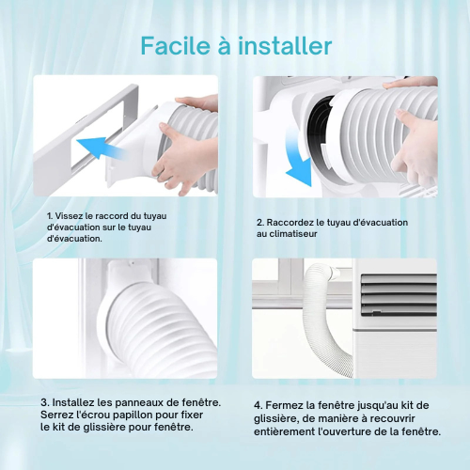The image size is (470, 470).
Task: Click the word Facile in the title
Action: point(175,46)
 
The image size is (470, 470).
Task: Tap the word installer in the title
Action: point(285,46)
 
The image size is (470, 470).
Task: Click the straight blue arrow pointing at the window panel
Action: point(101,148)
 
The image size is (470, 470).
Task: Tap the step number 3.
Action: point(44,402)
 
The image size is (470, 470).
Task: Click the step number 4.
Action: point(258,405)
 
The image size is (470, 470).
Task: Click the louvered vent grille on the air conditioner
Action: point(399,294)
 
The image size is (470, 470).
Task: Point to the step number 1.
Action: point(49,216)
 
